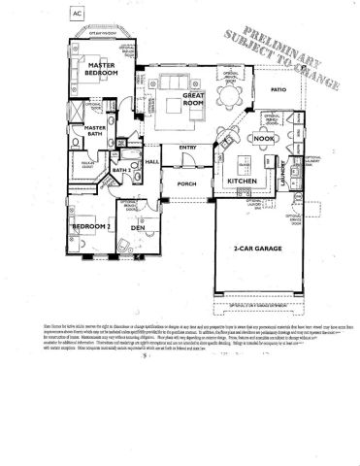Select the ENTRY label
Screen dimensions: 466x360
(x=188, y=148)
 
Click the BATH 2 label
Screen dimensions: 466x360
(x=121, y=170)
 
